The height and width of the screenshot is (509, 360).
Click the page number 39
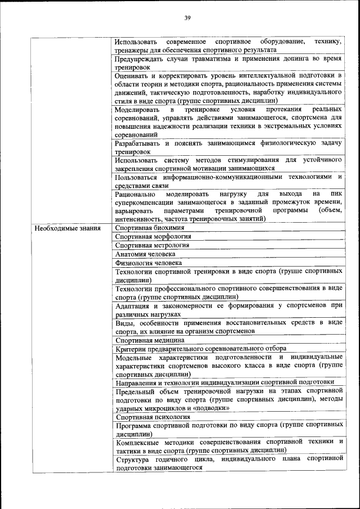(188, 18)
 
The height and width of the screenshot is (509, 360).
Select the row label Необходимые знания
(67, 228)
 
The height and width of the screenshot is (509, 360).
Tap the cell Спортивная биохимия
(150, 228)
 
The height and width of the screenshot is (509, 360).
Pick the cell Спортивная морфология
(153, 237)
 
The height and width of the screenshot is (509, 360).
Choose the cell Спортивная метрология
(152, 245)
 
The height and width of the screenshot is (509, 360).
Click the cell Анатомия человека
(146, 254)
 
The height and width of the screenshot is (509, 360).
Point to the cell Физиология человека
(148, 262)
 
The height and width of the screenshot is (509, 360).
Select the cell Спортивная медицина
(150, 340)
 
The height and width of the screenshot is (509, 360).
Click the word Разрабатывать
(139, 143)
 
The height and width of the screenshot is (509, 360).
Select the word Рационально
(135, 194)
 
